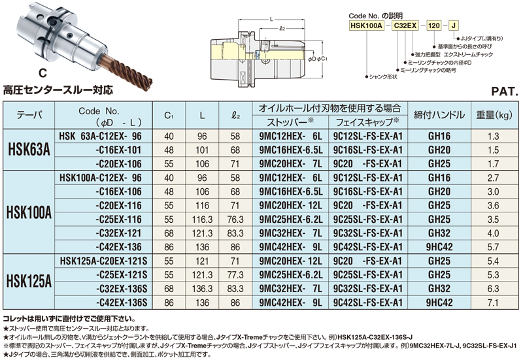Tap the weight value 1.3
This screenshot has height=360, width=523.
[x=494, y=137]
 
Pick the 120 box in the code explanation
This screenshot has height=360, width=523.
[x=434, y=24]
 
